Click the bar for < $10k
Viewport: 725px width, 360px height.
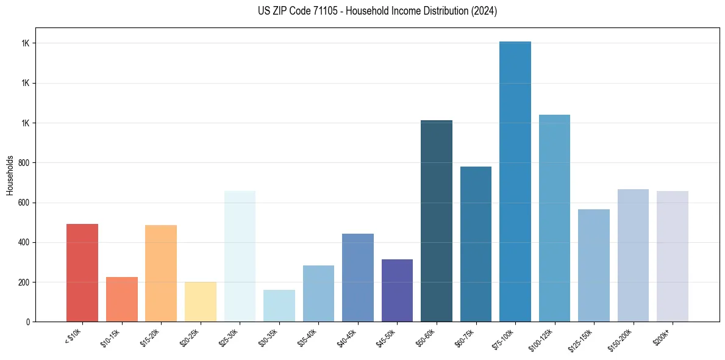82,273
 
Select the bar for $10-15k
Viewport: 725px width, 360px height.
121,299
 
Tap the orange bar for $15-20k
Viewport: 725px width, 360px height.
161,273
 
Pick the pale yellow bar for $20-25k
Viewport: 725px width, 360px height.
200,301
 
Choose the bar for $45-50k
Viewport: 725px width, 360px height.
397,290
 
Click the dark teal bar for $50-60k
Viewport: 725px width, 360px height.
437,221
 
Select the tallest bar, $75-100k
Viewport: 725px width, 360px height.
515,181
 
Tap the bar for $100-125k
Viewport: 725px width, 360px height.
554,218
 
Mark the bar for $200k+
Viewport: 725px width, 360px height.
673,256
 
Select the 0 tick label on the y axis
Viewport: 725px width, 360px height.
28,322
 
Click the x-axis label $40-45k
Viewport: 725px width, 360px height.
348,337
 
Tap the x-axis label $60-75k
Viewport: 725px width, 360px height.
465,337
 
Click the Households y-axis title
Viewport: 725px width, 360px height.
10,175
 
